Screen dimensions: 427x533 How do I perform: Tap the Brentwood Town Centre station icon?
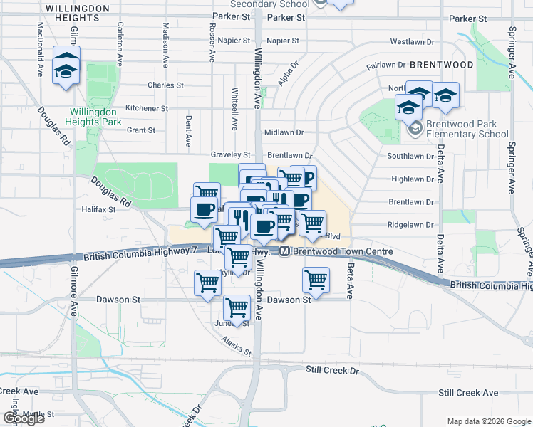(284, 251)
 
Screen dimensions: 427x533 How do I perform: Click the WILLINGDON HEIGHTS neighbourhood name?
(77, 14)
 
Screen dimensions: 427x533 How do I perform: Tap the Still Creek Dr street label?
(333, 371)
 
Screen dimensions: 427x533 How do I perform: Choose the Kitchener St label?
(146, 109)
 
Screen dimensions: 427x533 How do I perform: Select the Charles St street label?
(165, 85)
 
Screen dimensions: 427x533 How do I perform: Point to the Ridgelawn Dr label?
(410, 225)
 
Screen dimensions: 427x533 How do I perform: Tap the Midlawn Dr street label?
(284, 132)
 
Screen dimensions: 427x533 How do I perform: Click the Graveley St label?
(231, 154)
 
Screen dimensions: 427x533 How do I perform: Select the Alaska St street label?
(237, 347)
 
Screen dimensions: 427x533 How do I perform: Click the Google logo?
(24, 418)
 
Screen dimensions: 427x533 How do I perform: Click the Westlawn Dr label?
(408, 42)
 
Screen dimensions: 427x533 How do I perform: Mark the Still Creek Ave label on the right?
(468, 393)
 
